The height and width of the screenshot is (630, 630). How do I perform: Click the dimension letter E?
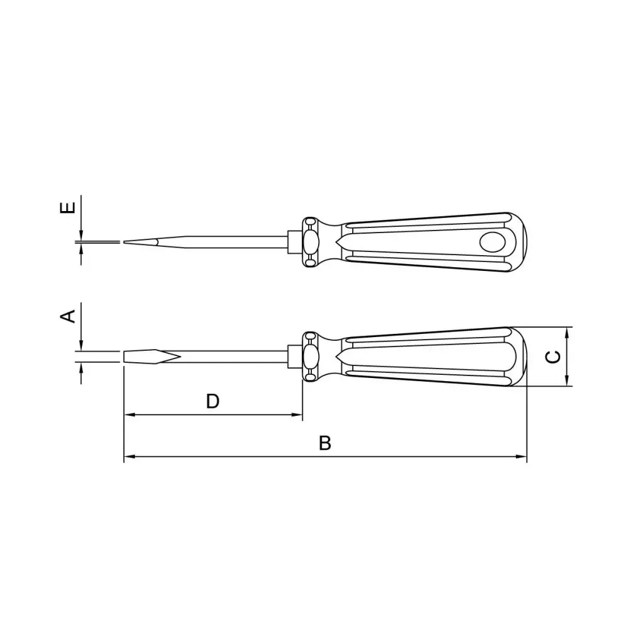67,207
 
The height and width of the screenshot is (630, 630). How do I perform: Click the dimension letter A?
67,316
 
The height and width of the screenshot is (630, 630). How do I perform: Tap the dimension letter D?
212,401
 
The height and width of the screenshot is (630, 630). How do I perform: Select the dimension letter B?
325,443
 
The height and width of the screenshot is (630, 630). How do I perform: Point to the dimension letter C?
554,357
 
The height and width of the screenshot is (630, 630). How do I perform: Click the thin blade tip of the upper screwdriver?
125,242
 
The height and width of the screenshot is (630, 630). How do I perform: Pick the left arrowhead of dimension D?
129,415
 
